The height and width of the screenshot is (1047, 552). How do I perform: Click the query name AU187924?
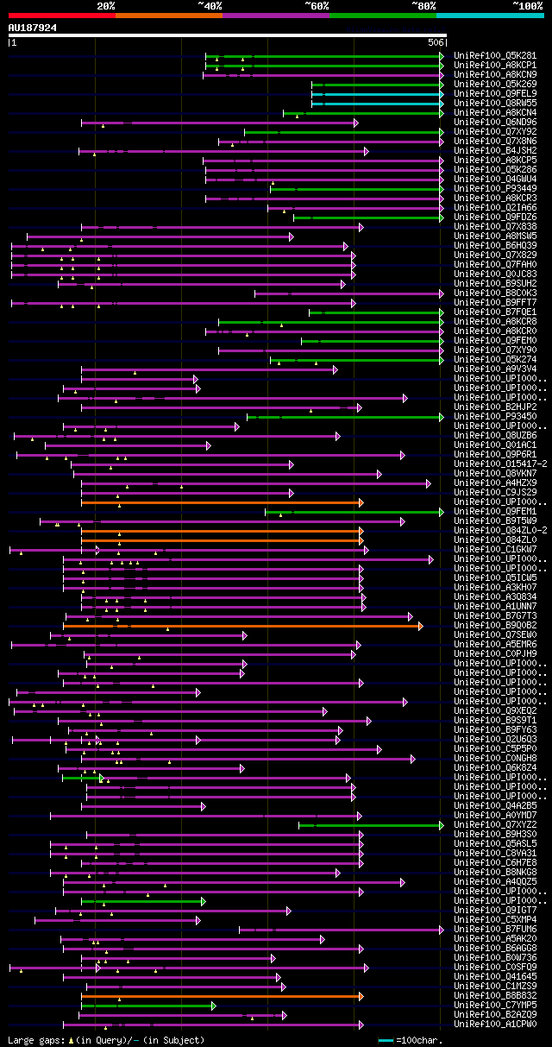point(33,28)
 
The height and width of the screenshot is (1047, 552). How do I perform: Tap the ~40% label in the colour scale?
point(210,5)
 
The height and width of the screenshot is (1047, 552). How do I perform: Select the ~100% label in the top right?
point(527,5)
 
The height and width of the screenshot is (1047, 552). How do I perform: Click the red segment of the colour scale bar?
point(61,15)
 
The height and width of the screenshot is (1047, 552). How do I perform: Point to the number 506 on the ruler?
point(436,41)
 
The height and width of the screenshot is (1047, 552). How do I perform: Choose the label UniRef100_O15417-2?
point(500,464)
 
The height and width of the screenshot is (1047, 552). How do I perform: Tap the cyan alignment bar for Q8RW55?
point(377,103)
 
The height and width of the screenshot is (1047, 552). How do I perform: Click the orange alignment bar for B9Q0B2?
point(241,625)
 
